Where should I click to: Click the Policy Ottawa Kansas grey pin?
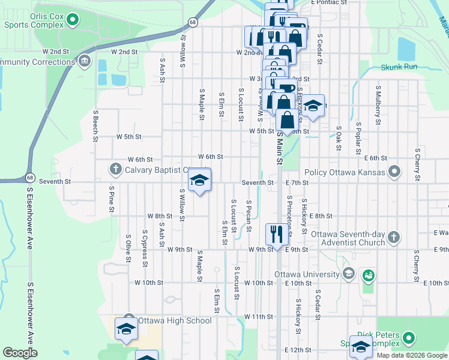click(394, 173)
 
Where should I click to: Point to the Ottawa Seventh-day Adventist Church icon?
click(393, 236)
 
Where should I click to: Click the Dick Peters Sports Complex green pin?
click(409, 338)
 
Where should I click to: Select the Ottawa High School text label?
click(175, 320)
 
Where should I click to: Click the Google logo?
click(20, 352)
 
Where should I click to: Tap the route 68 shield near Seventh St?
click(29, 177)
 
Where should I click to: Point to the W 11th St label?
click(259, 316)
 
